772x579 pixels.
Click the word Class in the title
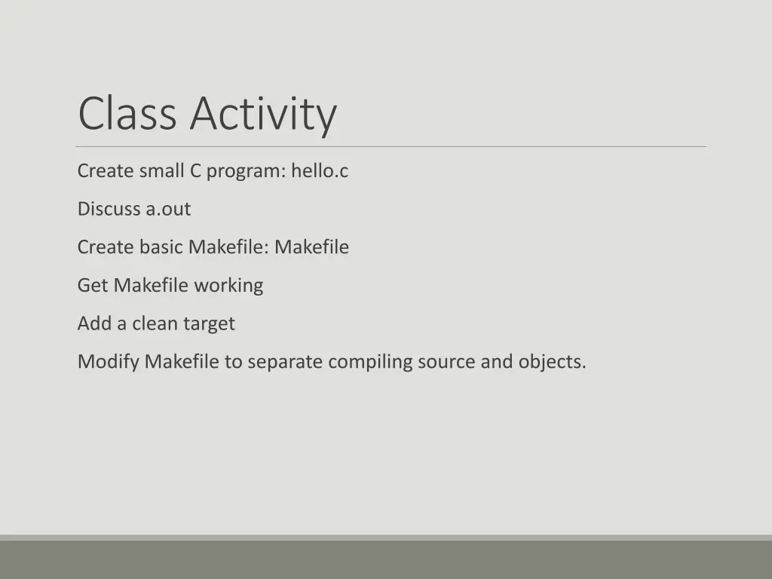[x=127, y=113]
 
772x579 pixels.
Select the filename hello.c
[x=320, y=171]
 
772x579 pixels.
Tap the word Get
[x=93, y=285]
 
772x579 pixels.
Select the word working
[x=228, y=286]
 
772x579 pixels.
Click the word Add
[x=93, y=323]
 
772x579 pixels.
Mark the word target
[x=209, y=324]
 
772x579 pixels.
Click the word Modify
[x=109, y=362]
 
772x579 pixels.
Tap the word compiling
[x=370, y=363]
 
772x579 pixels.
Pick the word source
[x=446, y=362]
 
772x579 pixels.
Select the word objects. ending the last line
[x=552, y=362]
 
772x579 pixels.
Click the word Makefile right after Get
[x=151, y=285]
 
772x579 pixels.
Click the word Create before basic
[x=106, y=247]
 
